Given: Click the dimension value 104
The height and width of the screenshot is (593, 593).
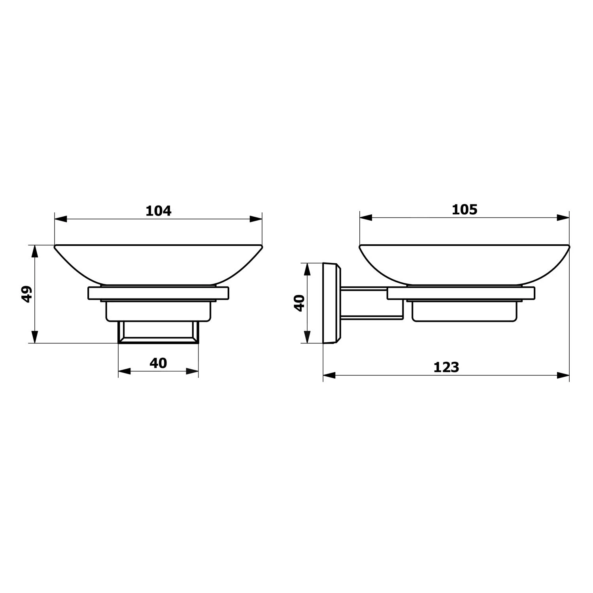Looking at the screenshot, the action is pyautogui.click(x=159, y=211).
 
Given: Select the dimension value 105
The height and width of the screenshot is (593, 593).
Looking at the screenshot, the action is pyautogui.click(x=465, y=210).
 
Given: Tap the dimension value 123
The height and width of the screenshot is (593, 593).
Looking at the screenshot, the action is pyautogui.click(x=446, y=367).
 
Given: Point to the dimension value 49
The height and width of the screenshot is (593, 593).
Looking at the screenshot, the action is pyautogui.click(x=26, y=294).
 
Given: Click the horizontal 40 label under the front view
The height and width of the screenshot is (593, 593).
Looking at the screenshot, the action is pyautogui.click(x=158, y=363).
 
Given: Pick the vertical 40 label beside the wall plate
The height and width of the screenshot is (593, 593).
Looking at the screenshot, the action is pyautogui.click(x=299, y=303).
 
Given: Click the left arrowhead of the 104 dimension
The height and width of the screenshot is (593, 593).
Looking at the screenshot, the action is pyautogui.click(x=60, y=219).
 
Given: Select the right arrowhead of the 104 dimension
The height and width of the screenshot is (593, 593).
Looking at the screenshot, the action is pyautogui.click(x=256, y=219).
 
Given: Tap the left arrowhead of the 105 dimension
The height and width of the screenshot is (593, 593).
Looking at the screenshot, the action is pyautogui.click(x=366, y=217).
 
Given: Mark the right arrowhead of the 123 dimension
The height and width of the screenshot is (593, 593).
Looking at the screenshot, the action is pyautogui.click(x=563, y=375).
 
